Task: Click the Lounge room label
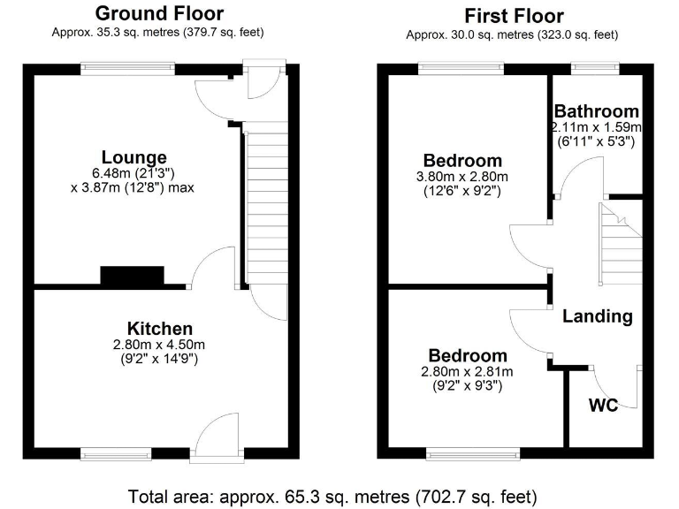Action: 134,157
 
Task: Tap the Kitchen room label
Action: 159,328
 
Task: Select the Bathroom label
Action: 596,111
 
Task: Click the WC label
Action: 604,406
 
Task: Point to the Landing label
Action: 598,315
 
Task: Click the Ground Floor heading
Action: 159,13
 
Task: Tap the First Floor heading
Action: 514,16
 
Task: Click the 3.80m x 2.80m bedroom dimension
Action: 462,177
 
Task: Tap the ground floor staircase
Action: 265,203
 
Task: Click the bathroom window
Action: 594,66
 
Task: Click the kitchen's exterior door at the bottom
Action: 217,442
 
